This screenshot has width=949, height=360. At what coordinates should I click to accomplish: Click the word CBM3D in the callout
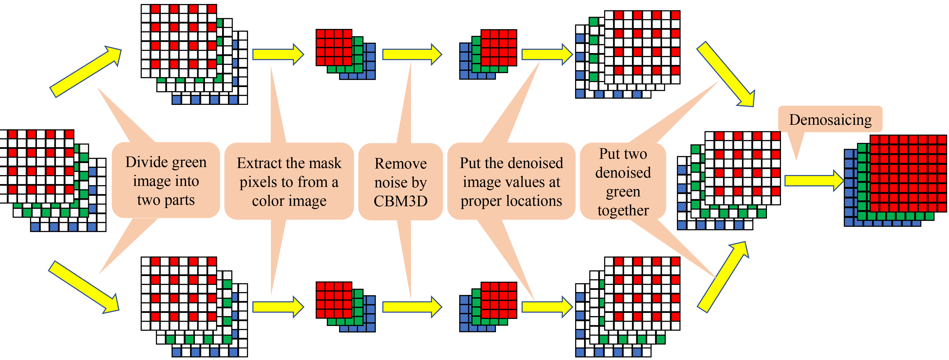coord(401,201)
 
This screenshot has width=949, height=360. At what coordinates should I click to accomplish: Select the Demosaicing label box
coord(830,119)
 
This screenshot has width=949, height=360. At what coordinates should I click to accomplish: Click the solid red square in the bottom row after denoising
coord(498,300)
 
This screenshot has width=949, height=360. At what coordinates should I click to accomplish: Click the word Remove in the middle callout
coord(401,164)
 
